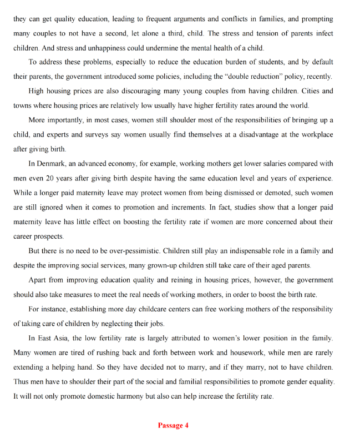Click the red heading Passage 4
coord(173,425)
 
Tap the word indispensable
coord(248,251)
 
